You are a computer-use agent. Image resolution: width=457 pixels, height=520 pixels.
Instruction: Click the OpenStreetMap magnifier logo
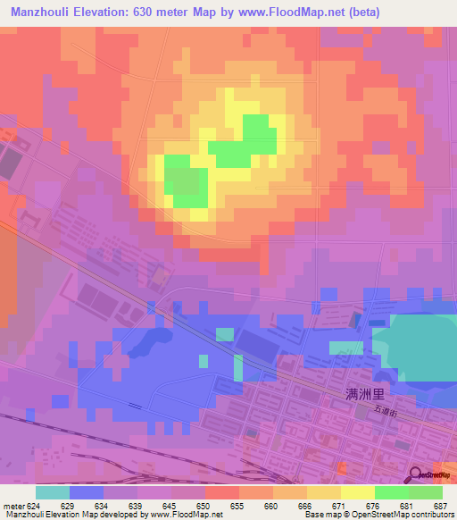click(415, 475)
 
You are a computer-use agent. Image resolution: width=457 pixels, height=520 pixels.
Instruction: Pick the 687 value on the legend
click(441, 505)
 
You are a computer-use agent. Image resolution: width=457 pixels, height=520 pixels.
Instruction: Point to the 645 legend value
click(171, 505)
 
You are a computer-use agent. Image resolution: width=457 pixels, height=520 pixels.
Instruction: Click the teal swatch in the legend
click(53, 492)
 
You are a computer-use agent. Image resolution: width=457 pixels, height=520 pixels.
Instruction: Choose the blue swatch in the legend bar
click(87, 492)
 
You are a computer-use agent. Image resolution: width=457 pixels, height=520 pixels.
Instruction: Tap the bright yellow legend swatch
click(357, 492)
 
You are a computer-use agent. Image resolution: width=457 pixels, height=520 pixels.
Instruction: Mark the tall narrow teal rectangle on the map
click(238, 367)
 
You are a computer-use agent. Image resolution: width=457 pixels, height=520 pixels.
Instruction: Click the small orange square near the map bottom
click(339, 468)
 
